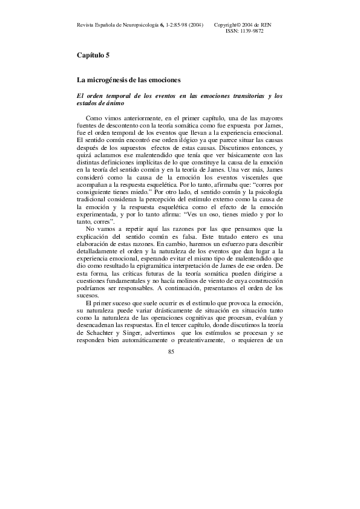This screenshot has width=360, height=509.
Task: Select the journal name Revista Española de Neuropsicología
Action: click(114, 24)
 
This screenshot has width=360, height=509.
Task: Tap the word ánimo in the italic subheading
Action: click(113, 103)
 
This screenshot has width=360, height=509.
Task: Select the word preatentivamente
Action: click(192, 323)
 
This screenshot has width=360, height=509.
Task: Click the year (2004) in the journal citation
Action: click(195, 24)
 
